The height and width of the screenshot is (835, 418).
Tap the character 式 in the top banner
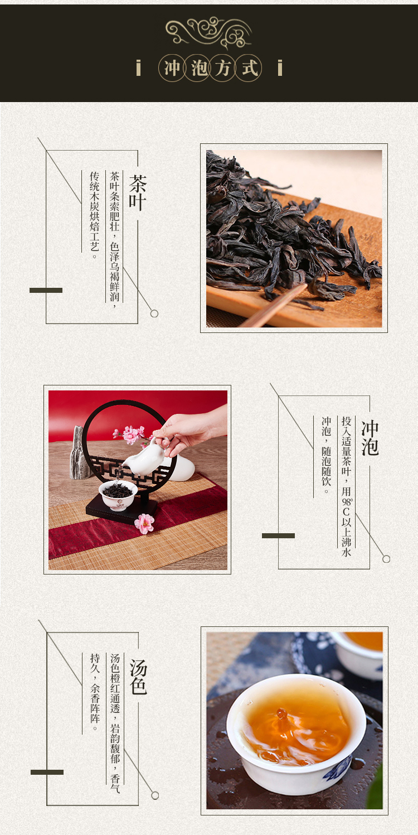tap(249, 68)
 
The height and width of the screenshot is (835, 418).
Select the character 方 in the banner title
tap(223, 68)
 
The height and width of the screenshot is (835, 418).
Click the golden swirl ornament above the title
tap(208, 32)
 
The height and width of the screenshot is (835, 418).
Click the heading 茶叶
tap(138, 193)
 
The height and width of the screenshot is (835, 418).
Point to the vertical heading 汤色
tap(138, 676)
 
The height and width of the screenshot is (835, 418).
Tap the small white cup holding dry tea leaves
tap(118, 495)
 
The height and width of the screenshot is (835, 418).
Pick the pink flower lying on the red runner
tap(144, 523)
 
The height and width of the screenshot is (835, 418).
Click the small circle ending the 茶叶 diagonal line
tap(154, 313)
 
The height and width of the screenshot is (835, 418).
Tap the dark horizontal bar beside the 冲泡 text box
tap(278, 535)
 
